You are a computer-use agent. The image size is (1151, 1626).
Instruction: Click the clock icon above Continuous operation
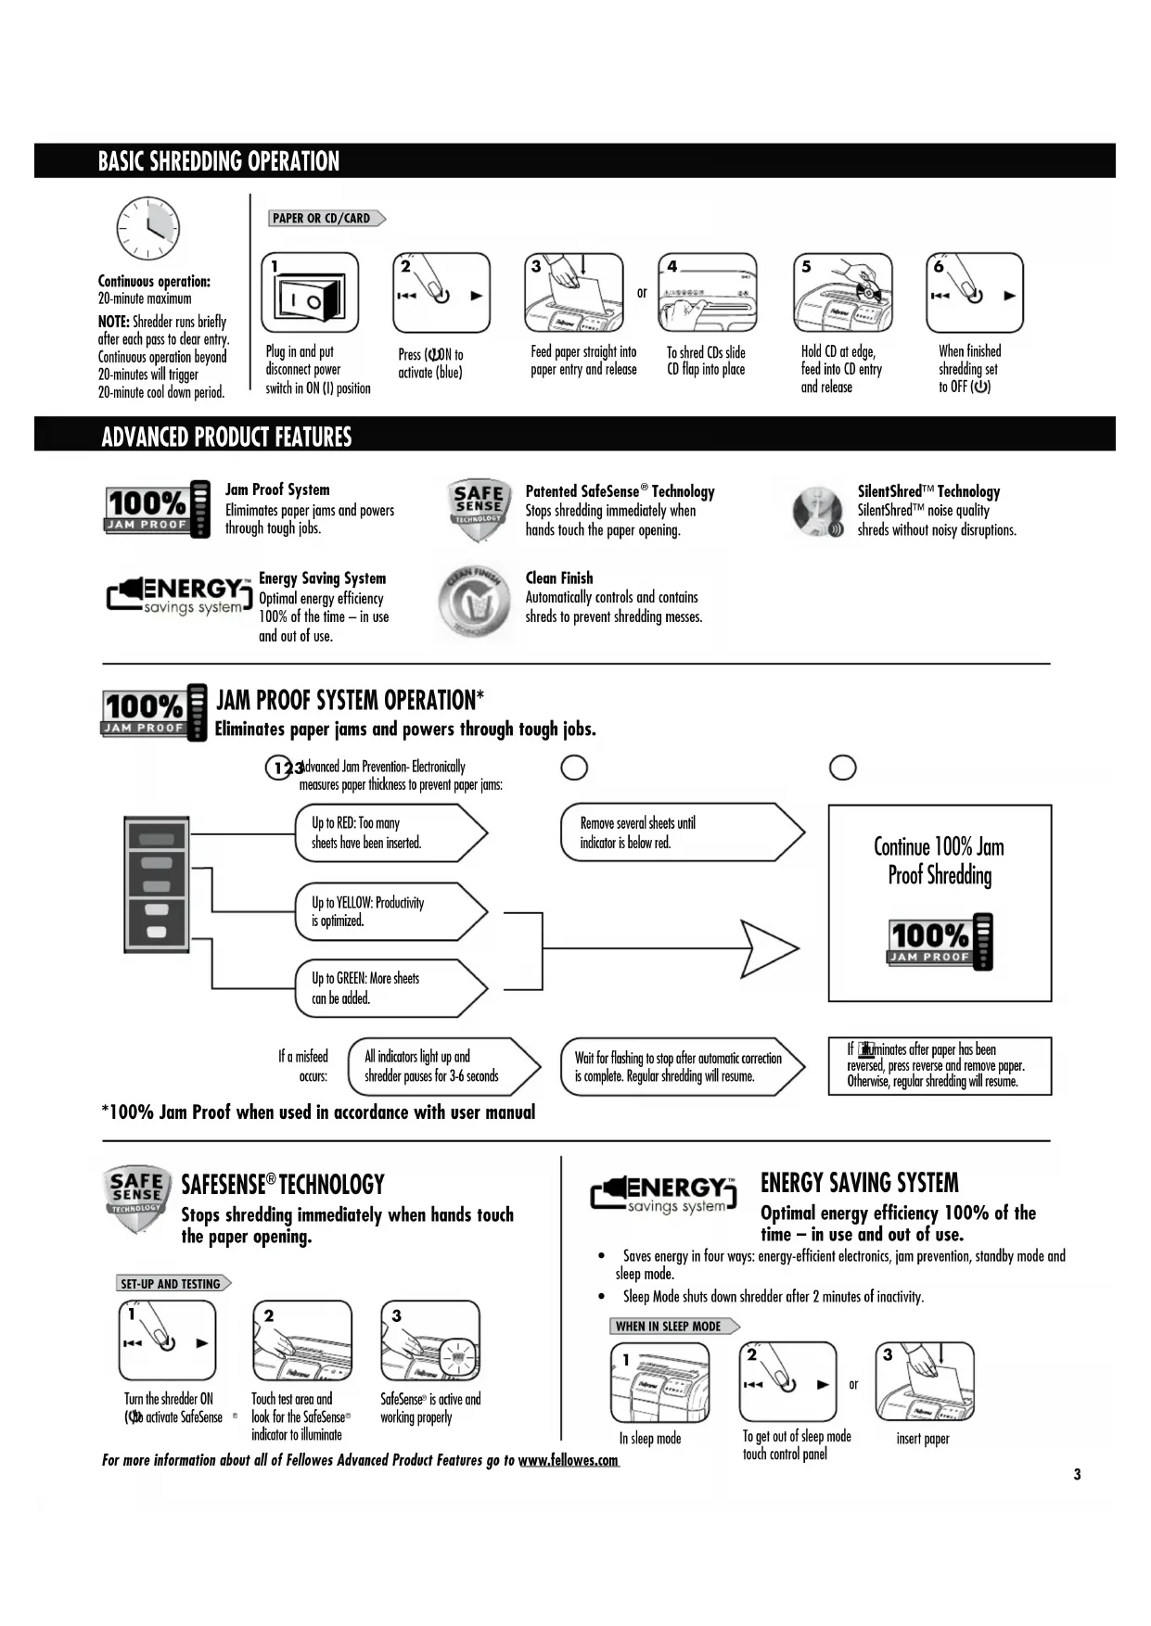pos(147,228)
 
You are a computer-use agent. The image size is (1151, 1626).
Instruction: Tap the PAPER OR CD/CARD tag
pos(325,219)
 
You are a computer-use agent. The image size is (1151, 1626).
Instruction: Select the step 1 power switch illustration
pos(311,294)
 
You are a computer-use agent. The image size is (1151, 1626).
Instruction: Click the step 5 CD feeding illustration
pos(842,294)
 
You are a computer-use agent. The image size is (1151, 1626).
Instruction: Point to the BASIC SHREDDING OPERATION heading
pos(219,161)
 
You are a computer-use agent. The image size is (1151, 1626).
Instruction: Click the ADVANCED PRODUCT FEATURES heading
pos(226,437)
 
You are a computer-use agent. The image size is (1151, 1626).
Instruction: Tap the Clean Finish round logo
pos(474,601)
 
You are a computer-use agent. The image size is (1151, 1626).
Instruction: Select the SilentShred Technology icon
pos(817,511)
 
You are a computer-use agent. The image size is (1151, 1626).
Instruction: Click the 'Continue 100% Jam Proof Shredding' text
pos(939,860)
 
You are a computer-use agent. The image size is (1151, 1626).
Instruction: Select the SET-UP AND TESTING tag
pos(172,1284)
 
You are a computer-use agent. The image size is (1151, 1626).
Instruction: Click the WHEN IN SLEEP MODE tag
pos(671,1327)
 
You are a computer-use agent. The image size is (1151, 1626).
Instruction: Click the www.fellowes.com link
pos(568,1461)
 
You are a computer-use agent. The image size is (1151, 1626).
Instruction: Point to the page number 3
pos(1077,1475)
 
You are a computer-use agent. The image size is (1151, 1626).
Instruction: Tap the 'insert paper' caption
pos(923,1439)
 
